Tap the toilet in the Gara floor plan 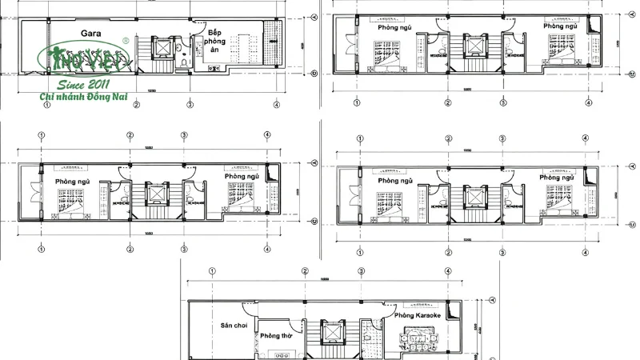[183, 61]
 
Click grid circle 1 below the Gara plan [47, 104]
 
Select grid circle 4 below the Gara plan [276, 104]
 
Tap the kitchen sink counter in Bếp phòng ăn [215, 69]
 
